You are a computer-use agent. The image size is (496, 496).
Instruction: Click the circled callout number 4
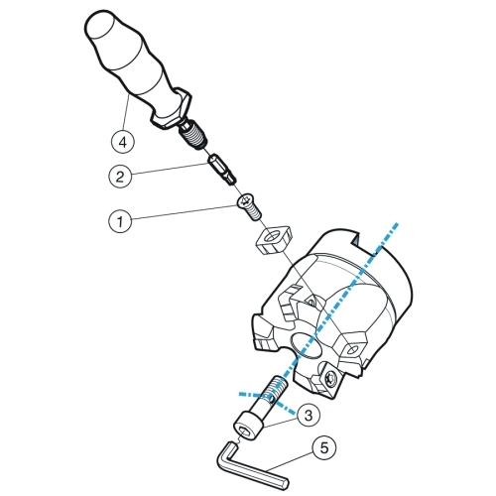(123, 142)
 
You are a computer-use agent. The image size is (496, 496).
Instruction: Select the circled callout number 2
(120, 177)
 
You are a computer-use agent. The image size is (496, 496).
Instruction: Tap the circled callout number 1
(120, 221)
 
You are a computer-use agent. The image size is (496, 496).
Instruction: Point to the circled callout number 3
(309, 416)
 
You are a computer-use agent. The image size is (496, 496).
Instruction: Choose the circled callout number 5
(324, 448)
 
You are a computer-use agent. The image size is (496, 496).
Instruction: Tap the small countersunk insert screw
(250, 206)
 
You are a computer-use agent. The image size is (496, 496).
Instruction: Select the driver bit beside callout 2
(222, 170)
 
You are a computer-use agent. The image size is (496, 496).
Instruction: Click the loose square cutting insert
(274, 240)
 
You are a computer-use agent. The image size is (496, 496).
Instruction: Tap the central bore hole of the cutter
(305, 345)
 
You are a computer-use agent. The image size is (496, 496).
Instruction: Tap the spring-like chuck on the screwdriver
(193, 136)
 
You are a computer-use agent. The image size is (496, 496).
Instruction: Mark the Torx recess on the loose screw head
(245, 199)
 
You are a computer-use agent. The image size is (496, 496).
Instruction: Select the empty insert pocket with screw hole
(352, 348)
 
